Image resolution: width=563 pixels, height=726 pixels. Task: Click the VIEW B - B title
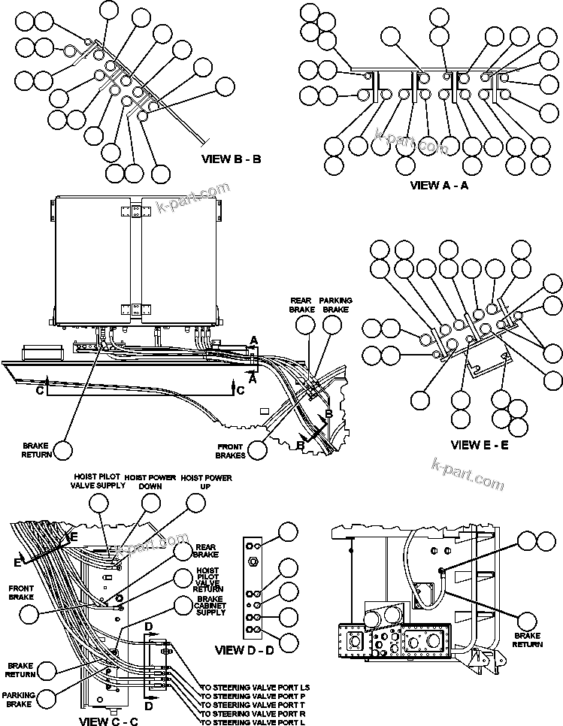pyautogui.click(x=232, y=159)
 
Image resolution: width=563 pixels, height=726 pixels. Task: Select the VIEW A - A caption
pyautogui.click(x=439, y=185)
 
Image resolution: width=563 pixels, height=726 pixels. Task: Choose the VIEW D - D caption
pyautogui.click(x=244, y=649)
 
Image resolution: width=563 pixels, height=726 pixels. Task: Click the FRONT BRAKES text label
pyautogui.click(x=231, y=450)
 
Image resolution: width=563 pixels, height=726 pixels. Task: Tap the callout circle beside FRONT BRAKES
pyautogui.click(x=258, y=449)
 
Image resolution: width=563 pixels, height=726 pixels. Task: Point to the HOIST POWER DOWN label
pyautogui.click(x=150, y=481)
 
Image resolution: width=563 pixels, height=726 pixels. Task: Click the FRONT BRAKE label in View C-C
pyautogui.click(x=20, y=593)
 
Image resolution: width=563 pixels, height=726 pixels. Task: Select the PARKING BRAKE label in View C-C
pyautogui.click(x=18, y=698)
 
